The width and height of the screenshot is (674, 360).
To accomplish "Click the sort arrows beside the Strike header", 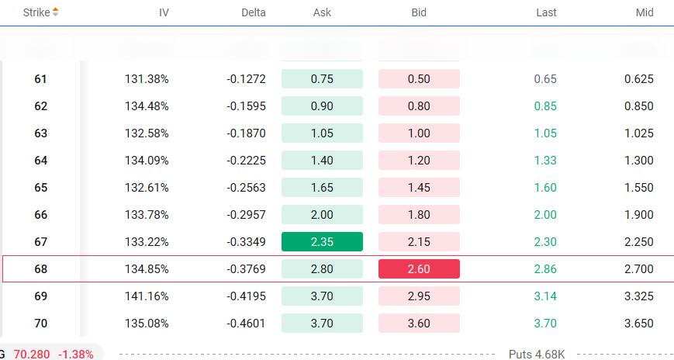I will pyautogui.click(x=55, y=12).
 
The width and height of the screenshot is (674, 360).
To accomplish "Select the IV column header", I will pyautogui.click(x=164, y=12).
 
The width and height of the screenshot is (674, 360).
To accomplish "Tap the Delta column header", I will pyautogui.click(x=253, y=12).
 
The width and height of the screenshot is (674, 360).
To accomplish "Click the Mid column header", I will pyautogui.click(x=644, y=12).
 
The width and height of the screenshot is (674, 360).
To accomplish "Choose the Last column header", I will pyautogui.click(x=546, y=12).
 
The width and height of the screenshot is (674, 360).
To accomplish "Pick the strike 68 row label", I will pyautogui.click(x=41, y=269).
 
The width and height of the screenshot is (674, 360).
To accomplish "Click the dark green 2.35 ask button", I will pyautogui.click(x=322, y=242).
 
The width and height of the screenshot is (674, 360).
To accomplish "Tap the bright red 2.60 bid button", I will pyautogui.click(x=419, y=269).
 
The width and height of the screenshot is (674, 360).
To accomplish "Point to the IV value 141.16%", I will pyautogui.click(x=147, y=296).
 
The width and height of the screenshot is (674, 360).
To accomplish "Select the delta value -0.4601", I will pyautogui.click(x=246, y=324).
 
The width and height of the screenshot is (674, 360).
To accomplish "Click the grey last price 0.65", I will pyautogui.click(x=545, y=79).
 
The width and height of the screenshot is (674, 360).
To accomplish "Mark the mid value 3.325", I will pyautogui.click(x=639, y=296).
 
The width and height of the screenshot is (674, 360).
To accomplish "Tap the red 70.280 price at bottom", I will pyautogui.click(x=31, y=354).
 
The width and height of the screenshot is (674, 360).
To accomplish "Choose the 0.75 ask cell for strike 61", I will pyautogui.click(x=322, y=79).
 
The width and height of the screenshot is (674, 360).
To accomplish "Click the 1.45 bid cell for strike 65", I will pyautogui.click(x=419, y=188).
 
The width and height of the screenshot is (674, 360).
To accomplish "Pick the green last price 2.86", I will pyautogui.click(x=545, y=269).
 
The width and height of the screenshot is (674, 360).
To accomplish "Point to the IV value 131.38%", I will pyautogui.click(x=147, y=79).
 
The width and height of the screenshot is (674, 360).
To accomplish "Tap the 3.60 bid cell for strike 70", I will pyautogui.click(x=419, y=324).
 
